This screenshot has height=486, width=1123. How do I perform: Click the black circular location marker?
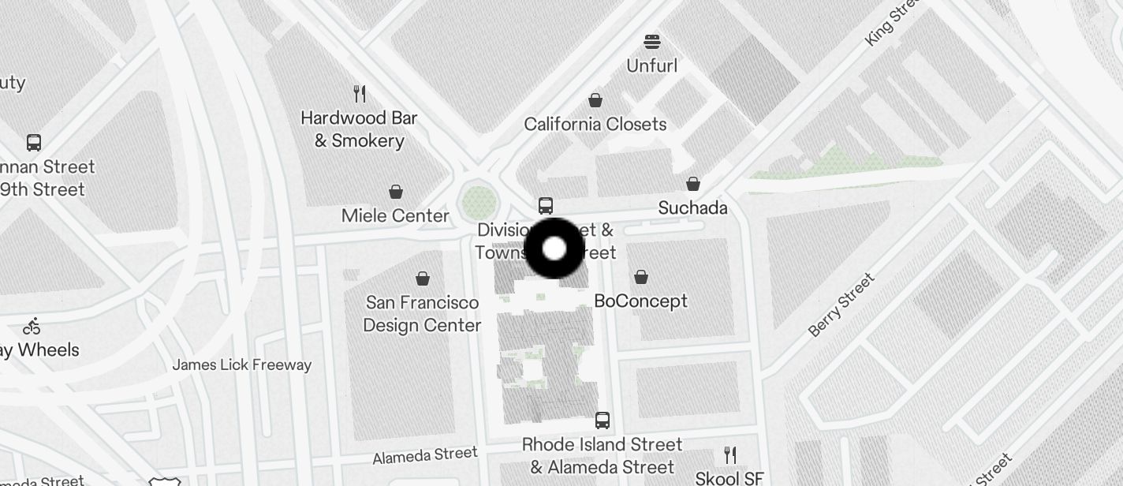pos(554,249)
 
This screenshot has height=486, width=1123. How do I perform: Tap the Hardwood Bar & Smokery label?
pos(359,129)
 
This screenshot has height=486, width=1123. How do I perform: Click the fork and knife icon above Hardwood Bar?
pos(360,94)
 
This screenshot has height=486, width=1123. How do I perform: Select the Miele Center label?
pos(395,215)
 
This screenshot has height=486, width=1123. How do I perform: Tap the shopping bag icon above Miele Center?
pos(396,192)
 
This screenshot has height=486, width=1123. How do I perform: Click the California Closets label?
pos(595,124)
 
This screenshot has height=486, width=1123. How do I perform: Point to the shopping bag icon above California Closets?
pos(595,100)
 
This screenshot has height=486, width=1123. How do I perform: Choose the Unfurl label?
pos(651,65)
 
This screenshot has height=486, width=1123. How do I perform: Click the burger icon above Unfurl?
pos(651,41)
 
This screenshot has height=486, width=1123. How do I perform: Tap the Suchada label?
pos(692,207)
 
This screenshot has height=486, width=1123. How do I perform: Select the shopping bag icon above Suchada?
pos(693,184)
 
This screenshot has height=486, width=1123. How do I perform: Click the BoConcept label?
pos(640,301)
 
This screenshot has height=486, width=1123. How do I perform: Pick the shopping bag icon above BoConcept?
pos(641,277)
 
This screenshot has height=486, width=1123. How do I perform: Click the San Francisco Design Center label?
pos(422,314)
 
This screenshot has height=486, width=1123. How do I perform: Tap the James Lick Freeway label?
pos(242,364)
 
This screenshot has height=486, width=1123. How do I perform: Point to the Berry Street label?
pos(841,305)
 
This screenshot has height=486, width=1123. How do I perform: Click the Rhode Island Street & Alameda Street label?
pos(603,455)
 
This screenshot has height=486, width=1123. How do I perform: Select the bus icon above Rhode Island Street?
pos(603,420)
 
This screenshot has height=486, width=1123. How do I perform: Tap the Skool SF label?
pos(729,478)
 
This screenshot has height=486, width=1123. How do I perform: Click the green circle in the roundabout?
pos(479,203)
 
